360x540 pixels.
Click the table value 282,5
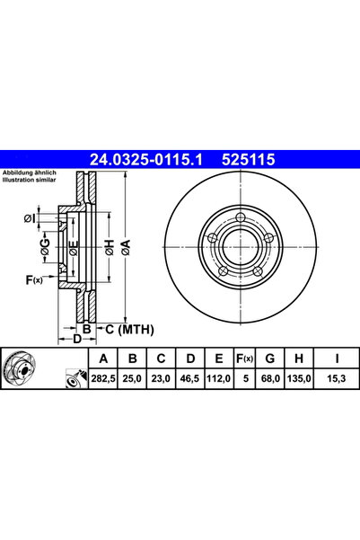click(102, 380)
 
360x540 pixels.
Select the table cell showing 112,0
click(215, 380)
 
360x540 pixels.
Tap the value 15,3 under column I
click(335, 380)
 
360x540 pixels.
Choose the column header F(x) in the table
click(244, 359)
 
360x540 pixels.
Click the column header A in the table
click(102, 359)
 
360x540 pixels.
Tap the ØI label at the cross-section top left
click(29, 217)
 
